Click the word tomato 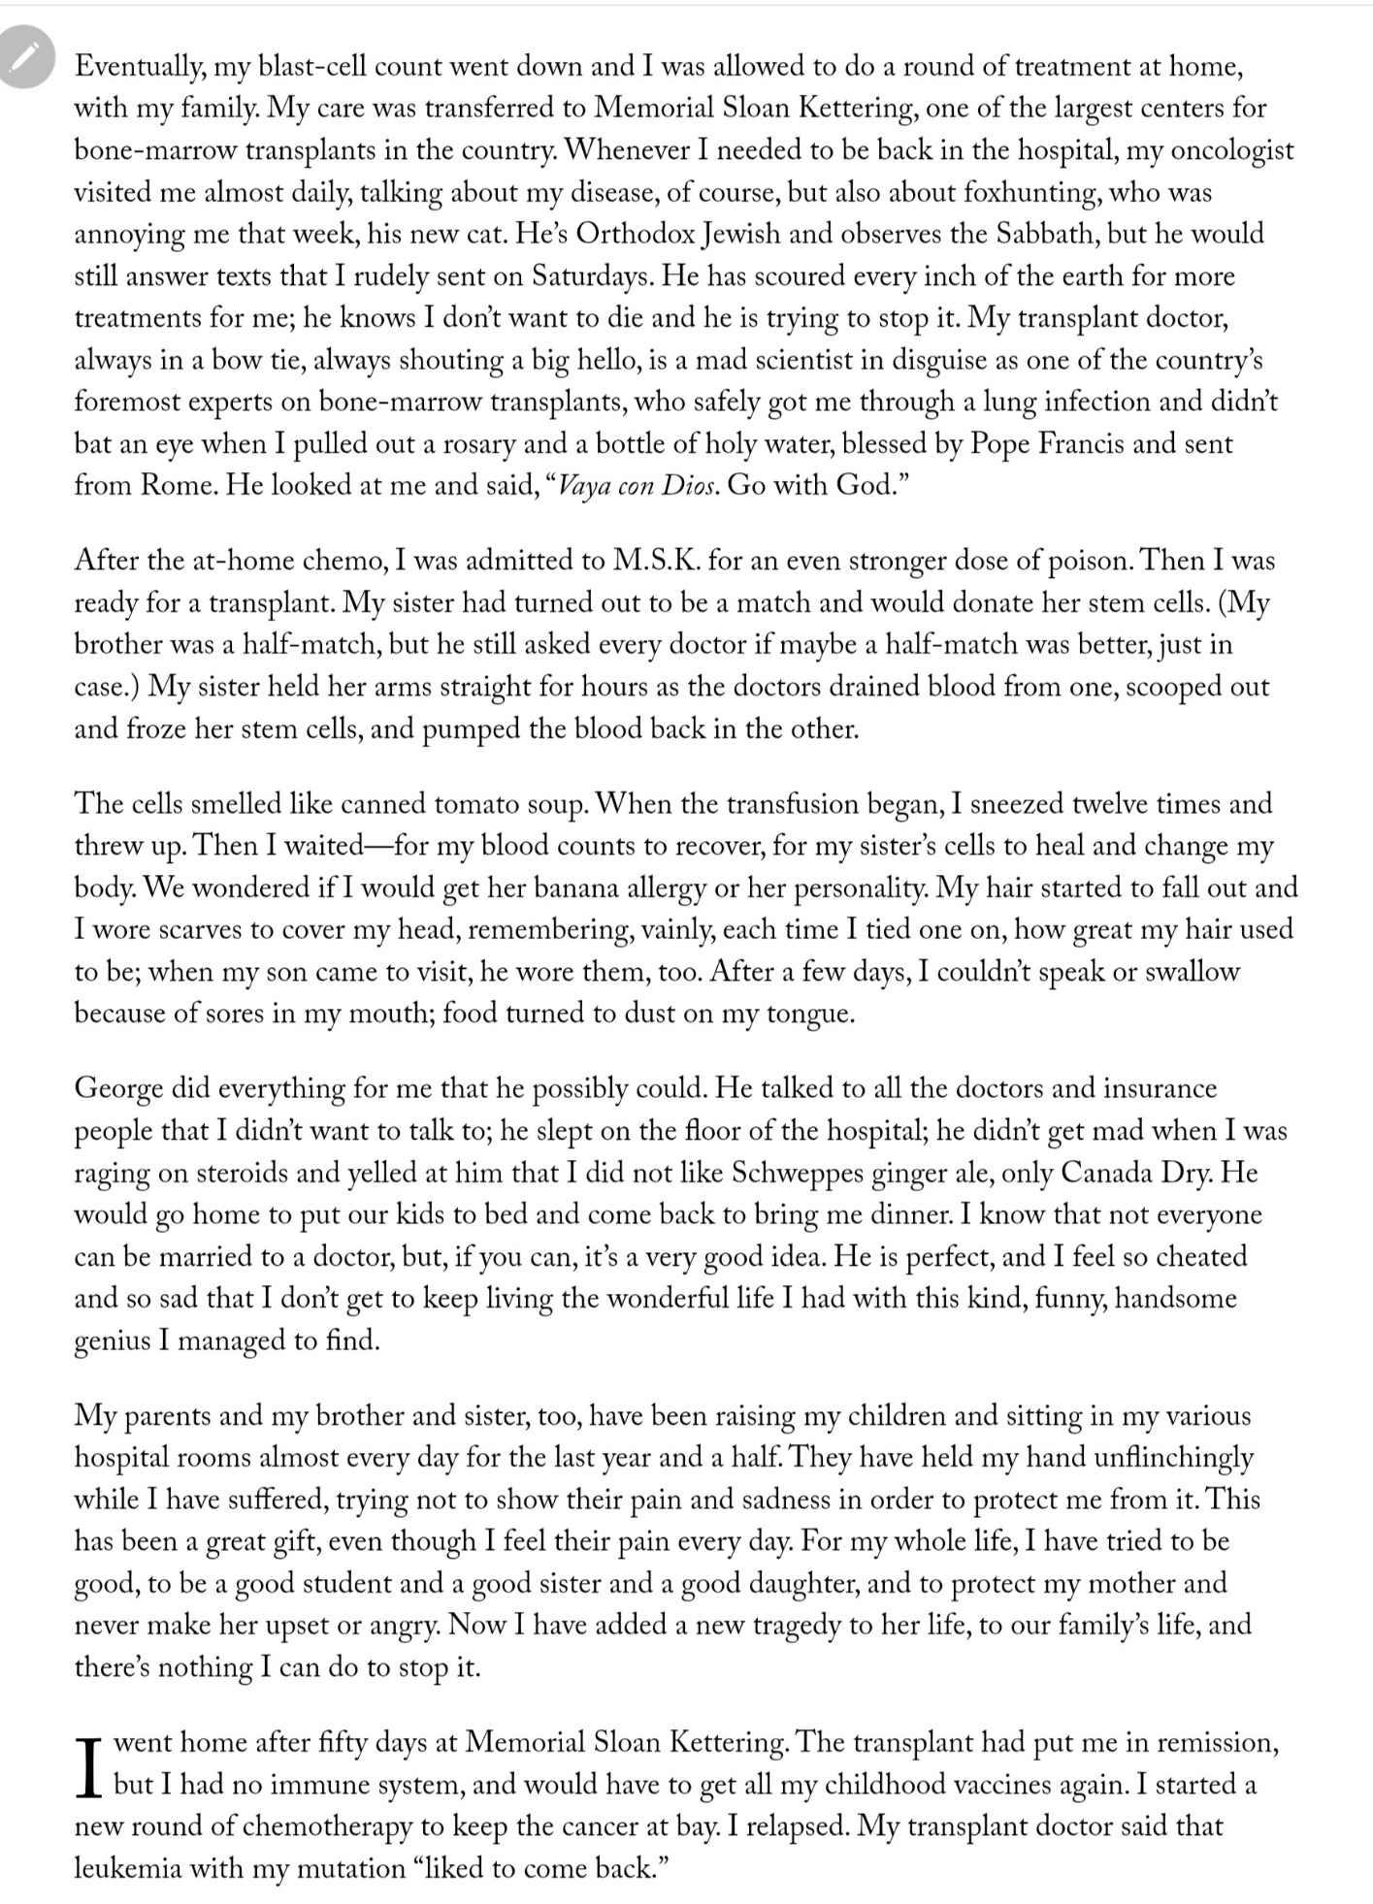[472, 804]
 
